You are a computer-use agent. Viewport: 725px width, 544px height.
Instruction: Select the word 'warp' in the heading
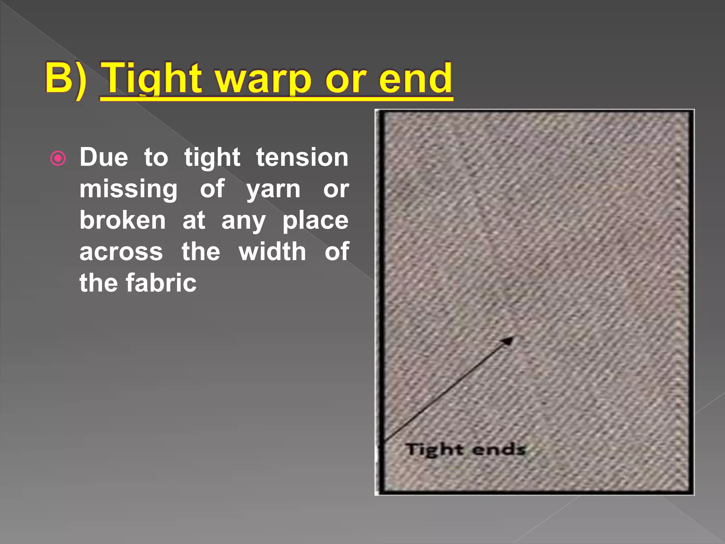(x=264, y=80)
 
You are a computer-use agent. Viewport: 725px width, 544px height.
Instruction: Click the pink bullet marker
(x=58, y=158)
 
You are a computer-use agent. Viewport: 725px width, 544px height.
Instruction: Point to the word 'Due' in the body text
(x=104, y=157)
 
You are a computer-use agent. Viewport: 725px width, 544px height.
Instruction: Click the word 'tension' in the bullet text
(x=302, y=157)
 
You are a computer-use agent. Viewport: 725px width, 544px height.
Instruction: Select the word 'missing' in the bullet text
(x=128, y=189)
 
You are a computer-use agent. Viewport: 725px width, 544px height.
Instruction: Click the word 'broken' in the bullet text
(x=122, y=220)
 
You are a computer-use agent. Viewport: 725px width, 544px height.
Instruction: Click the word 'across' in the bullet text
(x=121, y=252)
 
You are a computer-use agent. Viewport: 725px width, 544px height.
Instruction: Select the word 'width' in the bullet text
(x=272, y=251)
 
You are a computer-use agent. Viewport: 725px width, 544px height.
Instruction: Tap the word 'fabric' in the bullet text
(x=161, y=283)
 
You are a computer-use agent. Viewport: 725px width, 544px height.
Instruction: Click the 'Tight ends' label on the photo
(x=465, y=450)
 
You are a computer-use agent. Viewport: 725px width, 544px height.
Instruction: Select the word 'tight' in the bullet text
(x=212, y=158)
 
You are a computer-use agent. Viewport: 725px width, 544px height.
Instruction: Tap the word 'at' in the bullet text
(x=194, y=220)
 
